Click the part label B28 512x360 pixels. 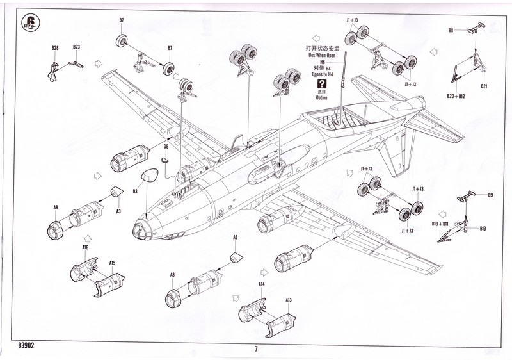coord(55,47)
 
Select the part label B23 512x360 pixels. coord(76,47)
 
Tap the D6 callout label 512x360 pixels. coord(165,147)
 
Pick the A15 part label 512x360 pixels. coord(112,263)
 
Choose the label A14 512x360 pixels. coord(261,284)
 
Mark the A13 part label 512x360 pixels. coord(289,300)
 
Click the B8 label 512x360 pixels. coord(451,30)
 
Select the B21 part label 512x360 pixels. coord(484,86)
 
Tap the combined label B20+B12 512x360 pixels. coord(456,95)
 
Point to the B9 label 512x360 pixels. coord(490,195)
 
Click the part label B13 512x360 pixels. coord(483,229)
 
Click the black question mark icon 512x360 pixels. coord(321,83)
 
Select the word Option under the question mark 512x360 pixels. coord(321,98)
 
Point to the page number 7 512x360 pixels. coord(255,349)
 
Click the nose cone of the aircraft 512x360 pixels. coord(140,229)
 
